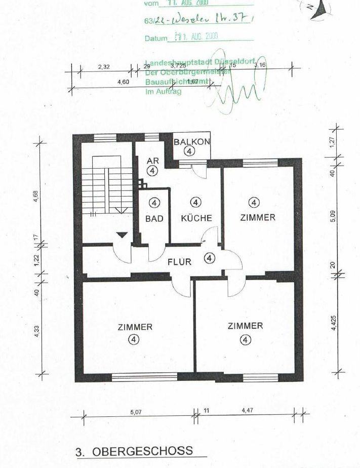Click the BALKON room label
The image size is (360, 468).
coord(191,142)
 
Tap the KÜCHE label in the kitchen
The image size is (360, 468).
coord(196,218)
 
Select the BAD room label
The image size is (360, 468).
coord(154,219)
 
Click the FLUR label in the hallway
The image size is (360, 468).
coord(179,262)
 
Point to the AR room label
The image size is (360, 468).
coord(153,161)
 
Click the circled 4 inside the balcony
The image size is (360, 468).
coord(189,151)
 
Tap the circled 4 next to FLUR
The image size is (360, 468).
coord(209,258)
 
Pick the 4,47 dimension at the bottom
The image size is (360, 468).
coord(247,410)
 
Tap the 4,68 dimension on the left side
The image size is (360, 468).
coord(36,197)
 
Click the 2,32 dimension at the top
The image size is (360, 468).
coord(103,66)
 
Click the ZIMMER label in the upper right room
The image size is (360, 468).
coord(258,217)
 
